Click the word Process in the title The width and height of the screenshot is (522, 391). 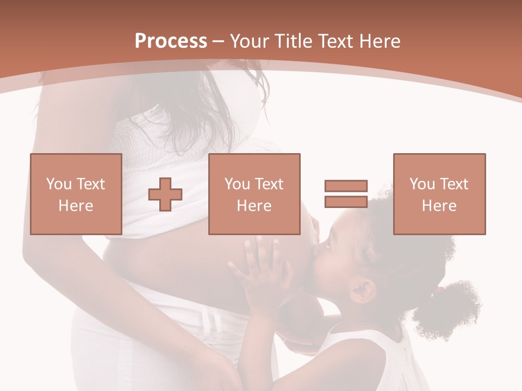171,41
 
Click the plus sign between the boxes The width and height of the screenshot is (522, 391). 165,194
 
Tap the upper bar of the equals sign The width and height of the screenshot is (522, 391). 346,186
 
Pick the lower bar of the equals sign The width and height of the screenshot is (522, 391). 346,201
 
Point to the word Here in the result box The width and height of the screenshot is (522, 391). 439,206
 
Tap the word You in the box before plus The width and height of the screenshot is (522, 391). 58,184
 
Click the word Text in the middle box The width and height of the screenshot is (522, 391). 268,184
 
